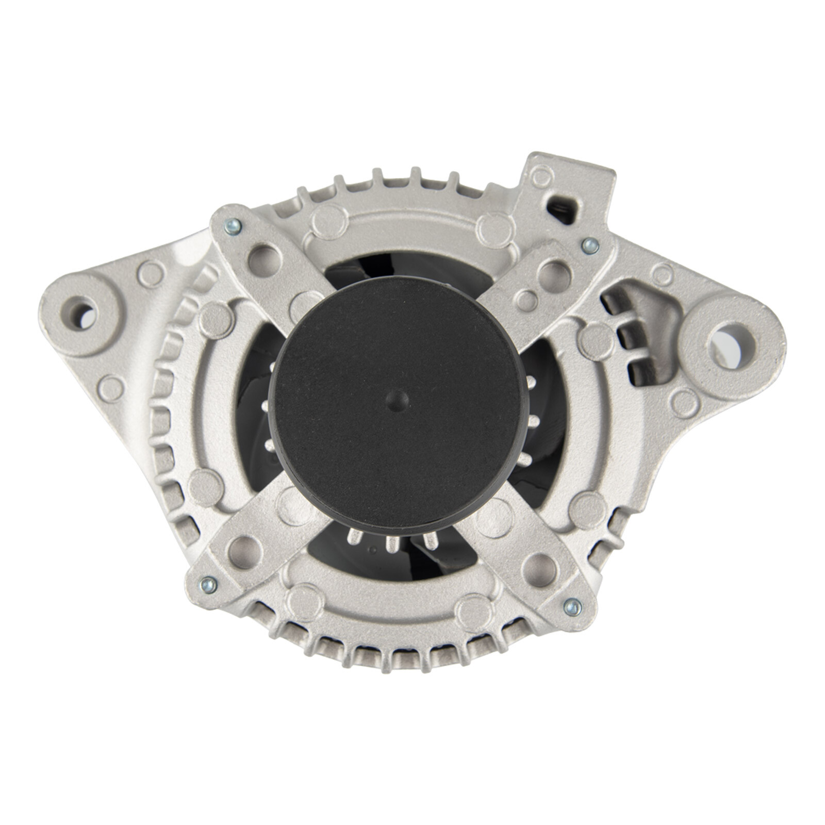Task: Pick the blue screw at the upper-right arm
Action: point(588,246)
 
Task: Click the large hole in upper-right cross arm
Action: point(552,272)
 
